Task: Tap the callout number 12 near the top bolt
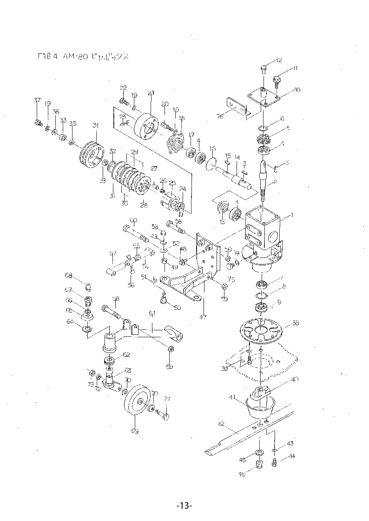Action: (279, 60)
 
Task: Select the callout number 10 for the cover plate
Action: (297, 90)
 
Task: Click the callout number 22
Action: (123, 88)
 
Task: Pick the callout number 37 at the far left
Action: (37, 101)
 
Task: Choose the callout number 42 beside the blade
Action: (221, 424)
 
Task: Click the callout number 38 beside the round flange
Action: (295, 323)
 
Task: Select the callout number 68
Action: (69, 276)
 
